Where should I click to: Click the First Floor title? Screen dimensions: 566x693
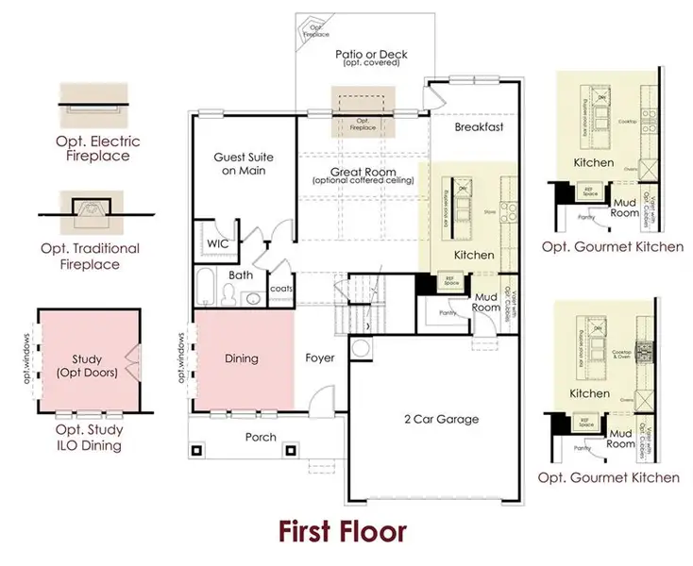point(343,531)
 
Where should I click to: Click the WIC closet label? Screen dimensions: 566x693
point(218,243)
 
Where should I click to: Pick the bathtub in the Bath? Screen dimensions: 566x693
point(207,289)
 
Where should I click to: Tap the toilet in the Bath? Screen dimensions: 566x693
point(229,295)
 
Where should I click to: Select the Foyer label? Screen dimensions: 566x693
point(320,358)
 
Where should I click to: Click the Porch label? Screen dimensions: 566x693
point(261,437)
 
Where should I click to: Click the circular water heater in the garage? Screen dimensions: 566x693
point(361,348)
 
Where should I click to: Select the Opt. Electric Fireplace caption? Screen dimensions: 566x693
point(92,148)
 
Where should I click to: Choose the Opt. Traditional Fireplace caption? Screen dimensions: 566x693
point(91,256)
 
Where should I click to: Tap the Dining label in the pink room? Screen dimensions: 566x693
point(242,358)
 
